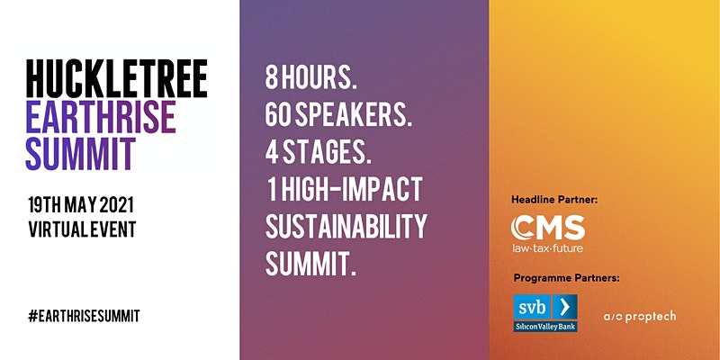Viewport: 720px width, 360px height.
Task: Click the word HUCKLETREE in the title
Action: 117,78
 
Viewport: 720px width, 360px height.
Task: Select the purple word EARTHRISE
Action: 101,116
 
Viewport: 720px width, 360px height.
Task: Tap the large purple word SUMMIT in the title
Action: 81,153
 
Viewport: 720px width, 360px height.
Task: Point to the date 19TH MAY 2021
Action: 81,205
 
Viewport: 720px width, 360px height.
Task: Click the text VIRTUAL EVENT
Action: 82,229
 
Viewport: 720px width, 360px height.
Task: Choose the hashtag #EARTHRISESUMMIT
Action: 84,316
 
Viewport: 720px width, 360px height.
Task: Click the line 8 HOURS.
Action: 311,78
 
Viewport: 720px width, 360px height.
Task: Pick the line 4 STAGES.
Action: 319,153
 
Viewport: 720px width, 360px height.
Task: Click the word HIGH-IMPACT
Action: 352,190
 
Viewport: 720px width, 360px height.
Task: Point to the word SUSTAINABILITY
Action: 346,227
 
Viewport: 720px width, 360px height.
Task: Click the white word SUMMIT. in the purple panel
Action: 310,264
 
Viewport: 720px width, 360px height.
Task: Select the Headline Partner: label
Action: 554,200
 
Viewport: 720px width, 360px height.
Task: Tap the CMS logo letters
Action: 548,228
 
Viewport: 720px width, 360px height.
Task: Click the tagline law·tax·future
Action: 548,248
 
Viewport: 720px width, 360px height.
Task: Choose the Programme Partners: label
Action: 567,278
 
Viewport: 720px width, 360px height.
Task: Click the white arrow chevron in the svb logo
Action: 564,307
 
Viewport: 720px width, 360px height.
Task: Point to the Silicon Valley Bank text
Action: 545,326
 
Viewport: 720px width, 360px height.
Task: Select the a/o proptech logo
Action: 640,317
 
